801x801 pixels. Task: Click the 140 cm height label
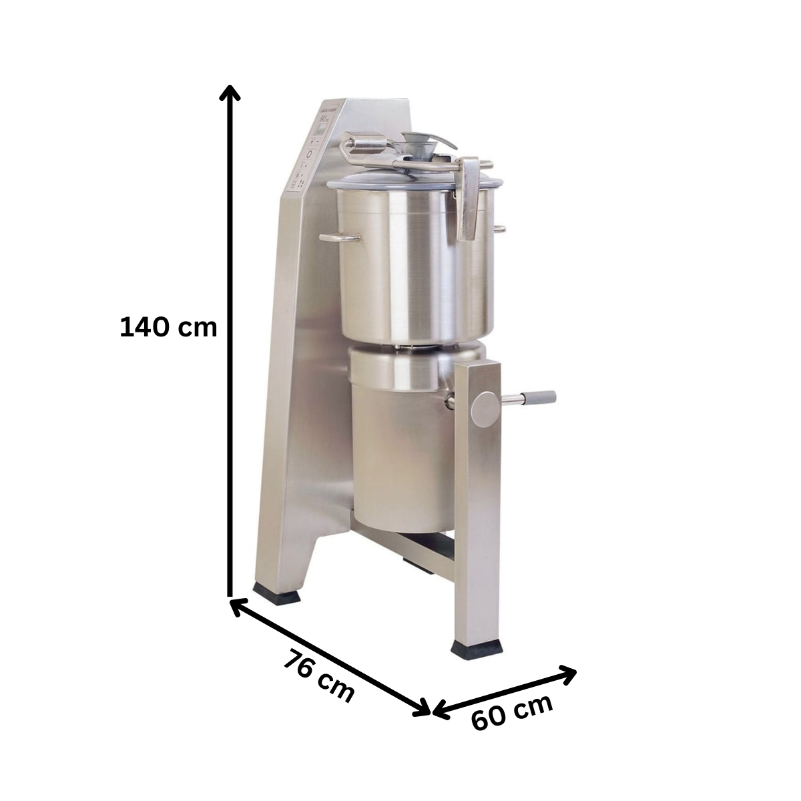tap(168, 327)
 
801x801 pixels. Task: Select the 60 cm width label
tap(512, 712)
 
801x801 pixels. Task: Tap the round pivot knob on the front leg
tap(485, 410)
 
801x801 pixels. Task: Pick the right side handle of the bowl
tap(500, 230)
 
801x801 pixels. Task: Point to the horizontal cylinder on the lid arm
tap(366, 142)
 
